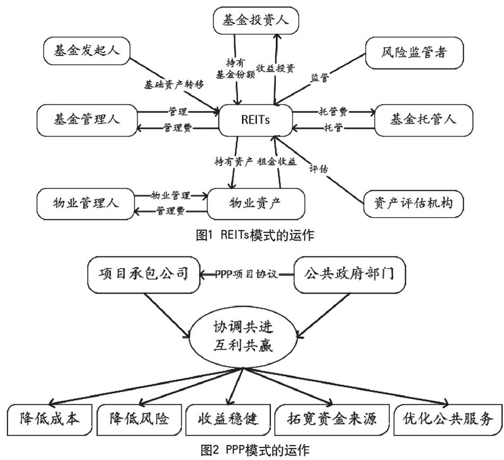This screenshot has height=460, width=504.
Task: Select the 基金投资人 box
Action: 255,21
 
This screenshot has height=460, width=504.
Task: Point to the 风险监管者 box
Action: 415,53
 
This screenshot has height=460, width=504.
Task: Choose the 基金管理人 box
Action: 86,117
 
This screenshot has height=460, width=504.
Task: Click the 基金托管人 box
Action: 423,118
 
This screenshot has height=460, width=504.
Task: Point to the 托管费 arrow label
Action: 332,110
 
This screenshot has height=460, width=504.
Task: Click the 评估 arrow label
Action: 318,169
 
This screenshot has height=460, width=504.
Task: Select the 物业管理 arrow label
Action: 171,195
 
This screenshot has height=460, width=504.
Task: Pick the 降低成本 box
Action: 50,418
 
